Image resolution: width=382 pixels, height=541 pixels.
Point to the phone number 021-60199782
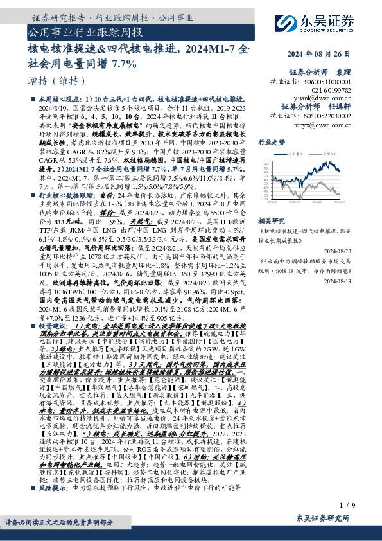(x=333, y=91)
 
